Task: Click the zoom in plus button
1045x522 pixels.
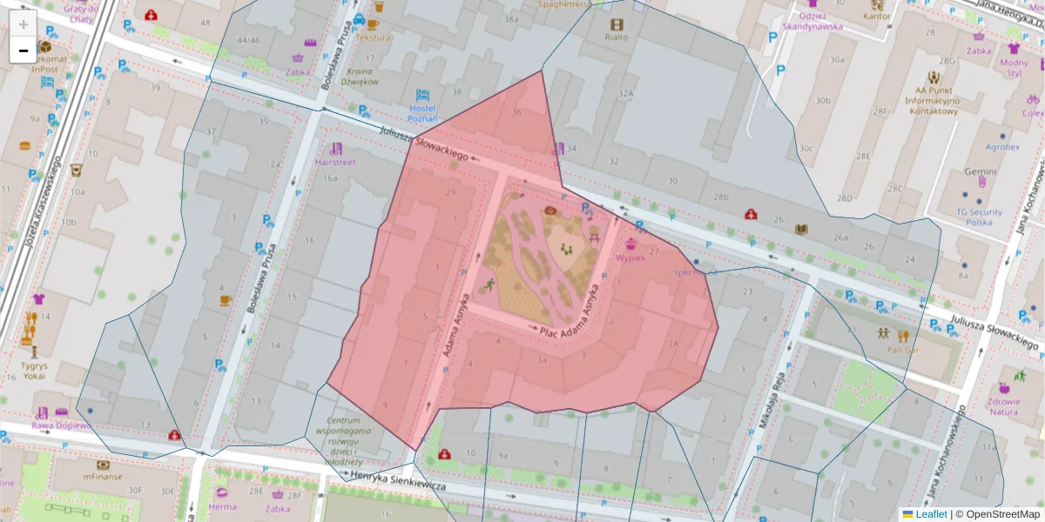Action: pyautogui.click(x=24, y=25)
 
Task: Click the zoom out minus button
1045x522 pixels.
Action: pyautogui.click(x=24, y=50)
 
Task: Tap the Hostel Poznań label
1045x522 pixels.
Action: pyautogui.click(x=421, y=114)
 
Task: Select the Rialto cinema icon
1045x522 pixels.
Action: pyautogui.click(x=617, y=24)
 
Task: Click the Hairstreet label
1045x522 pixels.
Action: pyautogui.click(x=335, y=162)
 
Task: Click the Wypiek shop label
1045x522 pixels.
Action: pyautogui.click(x=630, y=258)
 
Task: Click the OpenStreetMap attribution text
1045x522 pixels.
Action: pyautogui.click(x=997, y=514)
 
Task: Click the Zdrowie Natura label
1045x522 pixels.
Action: pyautogui.click(x=1004, y=406)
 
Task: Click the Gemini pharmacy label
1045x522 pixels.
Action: pyautogui.click(x=980, y=171)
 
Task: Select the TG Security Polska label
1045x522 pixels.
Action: pyautogui.click(x=980, y=217)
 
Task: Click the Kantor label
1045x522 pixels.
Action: pyautogui.click(x=876, y=16)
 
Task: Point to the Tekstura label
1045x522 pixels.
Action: pyautogui.click(x=374, y=38)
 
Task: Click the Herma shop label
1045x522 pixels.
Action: pyautogui.click(x=222, y=506)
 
